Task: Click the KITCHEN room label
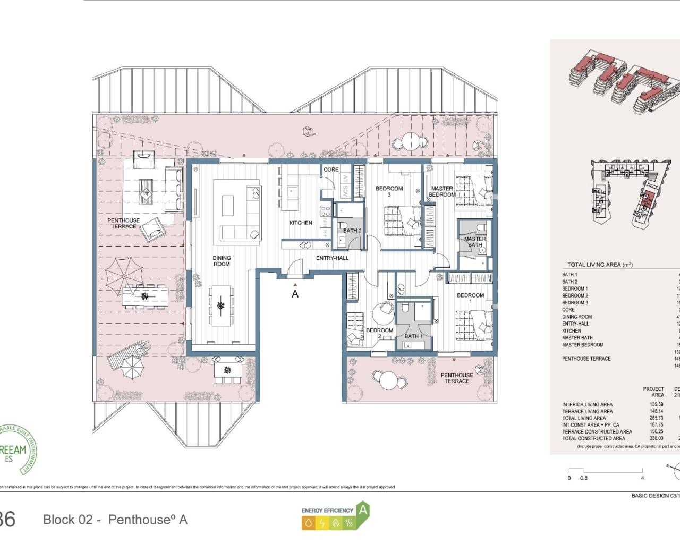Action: coord(301,223)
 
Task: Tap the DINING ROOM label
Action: coord(222,261)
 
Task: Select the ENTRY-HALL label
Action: coord(333,258)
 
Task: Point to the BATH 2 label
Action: coord(352,231)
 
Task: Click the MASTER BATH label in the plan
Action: coord(475,242)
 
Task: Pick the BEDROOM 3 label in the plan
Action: coord(389,191)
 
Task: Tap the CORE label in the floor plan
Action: coord(331,169)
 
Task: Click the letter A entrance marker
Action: coord(295,293)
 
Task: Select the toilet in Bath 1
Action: coord(405,309)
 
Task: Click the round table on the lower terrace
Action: coord(388,380)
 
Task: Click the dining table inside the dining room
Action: coord(220,305)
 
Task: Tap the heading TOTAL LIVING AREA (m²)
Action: coord(600,265)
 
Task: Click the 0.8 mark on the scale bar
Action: coord(584,478)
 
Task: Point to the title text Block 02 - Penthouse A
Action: coord(115,520)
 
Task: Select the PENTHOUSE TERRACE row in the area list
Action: coord(586,359)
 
